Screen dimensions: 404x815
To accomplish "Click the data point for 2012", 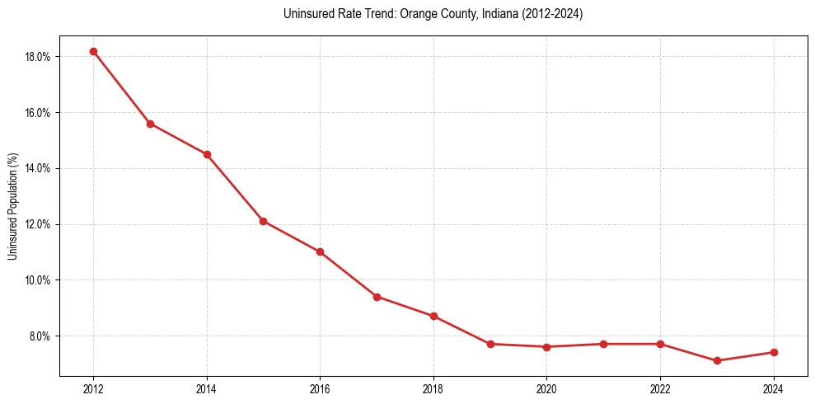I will coord(93,51).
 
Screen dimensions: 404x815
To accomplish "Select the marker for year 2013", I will coord(150,124).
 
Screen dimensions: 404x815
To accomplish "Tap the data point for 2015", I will coord(263,221).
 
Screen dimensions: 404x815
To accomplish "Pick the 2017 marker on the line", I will coord(377,297).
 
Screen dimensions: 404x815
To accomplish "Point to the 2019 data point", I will coord(490,344).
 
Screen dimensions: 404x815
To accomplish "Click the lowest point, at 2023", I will coord(717,360).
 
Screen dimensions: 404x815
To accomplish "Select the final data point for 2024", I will coord(774,352).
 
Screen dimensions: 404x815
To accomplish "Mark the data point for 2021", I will coord(603,344).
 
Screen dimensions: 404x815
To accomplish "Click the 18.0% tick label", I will coord(39,57).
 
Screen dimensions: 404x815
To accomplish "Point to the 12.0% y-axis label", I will coord(39,224).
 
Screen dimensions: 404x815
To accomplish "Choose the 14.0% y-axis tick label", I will coord(39,168).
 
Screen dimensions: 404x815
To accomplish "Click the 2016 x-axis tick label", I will coord(320,389).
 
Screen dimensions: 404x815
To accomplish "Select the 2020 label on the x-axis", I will coord(546,389).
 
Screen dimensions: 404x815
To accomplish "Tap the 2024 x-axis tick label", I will coord(773,389).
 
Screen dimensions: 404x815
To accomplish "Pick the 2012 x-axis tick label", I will coord(93,389).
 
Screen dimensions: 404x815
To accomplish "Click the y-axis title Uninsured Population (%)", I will coord(12,206).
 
